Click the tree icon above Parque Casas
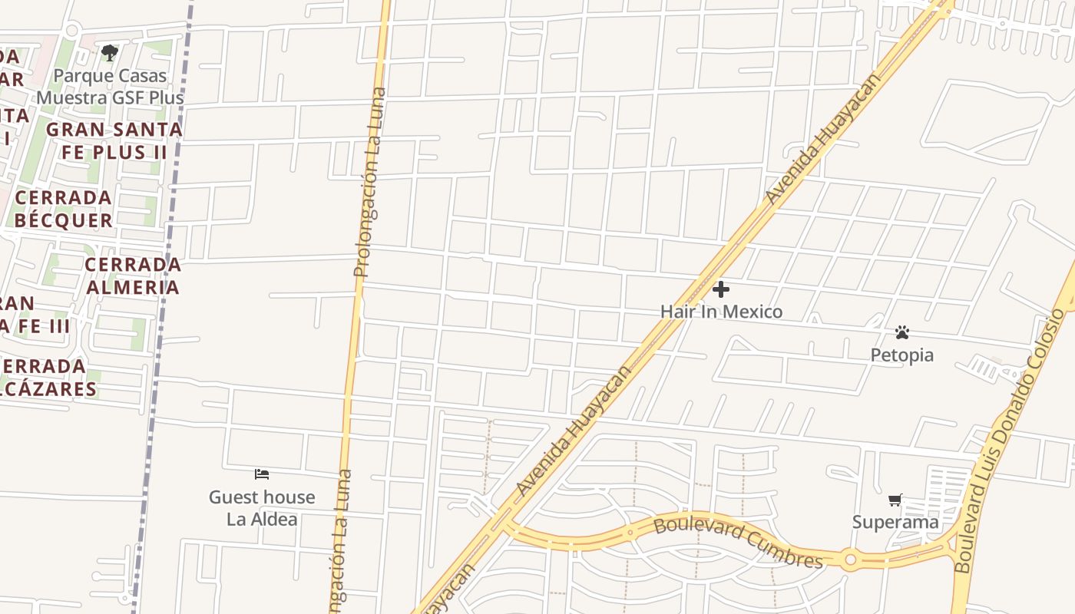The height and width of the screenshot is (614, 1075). point(110,53)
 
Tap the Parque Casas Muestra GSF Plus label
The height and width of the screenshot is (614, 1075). point(111,87)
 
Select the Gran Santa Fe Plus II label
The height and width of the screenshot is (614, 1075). point(114,140)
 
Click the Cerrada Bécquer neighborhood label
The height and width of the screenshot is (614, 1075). point(64,209)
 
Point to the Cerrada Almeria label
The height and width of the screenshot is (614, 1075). point(133,276)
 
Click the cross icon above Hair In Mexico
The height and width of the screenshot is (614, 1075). point(721,289)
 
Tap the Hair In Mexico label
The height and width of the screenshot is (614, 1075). point(721,312)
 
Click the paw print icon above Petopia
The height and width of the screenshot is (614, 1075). point(902,332)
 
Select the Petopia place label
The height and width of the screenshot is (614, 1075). point(901,355)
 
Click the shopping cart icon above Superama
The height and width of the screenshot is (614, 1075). point(895,500)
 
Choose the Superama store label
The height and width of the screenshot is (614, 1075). point(895,522)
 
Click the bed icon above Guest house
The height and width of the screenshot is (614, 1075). point(262,474)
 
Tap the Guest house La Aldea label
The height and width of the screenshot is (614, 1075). point(262,508)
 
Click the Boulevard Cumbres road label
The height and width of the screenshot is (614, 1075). point(738,543)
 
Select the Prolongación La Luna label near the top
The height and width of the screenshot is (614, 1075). point(371,182)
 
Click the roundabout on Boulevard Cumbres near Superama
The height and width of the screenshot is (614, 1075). point(849,560)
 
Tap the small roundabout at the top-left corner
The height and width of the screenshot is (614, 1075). point(71,31)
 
